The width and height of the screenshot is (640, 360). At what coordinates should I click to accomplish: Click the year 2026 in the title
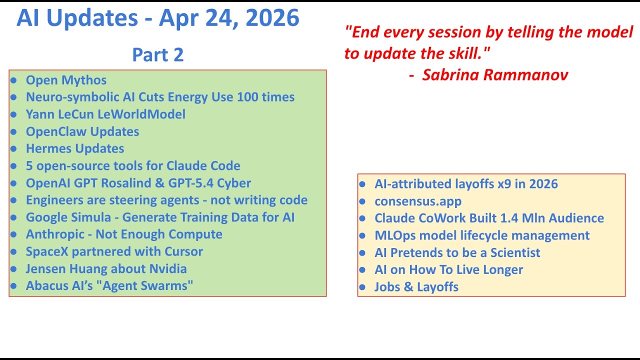pos(272,17)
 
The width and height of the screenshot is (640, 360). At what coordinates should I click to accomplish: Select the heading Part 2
pos(157,54)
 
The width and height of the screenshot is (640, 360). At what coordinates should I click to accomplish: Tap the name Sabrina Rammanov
pos(495,75)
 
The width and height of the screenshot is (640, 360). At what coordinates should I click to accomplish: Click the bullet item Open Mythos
pos(66,80)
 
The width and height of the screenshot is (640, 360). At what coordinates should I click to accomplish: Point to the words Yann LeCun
pos(60,114)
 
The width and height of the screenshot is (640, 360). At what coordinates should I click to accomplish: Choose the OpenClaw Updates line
pos(82,131)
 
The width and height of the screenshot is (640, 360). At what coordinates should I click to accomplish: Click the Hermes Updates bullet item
pos(75,148)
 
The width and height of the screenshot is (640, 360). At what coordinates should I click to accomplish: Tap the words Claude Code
pos(203,165)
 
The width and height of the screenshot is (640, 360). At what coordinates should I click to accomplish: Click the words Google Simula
pos(68,217)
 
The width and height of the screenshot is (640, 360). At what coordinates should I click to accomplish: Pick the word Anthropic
pos(55,234)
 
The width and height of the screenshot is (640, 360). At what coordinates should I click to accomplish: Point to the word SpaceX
pos(47,251)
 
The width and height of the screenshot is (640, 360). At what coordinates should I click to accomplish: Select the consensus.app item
pos(418,201)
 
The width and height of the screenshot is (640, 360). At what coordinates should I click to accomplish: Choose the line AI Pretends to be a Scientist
pos(457,252)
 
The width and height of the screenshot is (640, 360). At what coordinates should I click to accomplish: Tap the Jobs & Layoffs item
pos(416,287)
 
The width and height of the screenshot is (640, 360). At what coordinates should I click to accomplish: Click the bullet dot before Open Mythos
pos(13,80)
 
